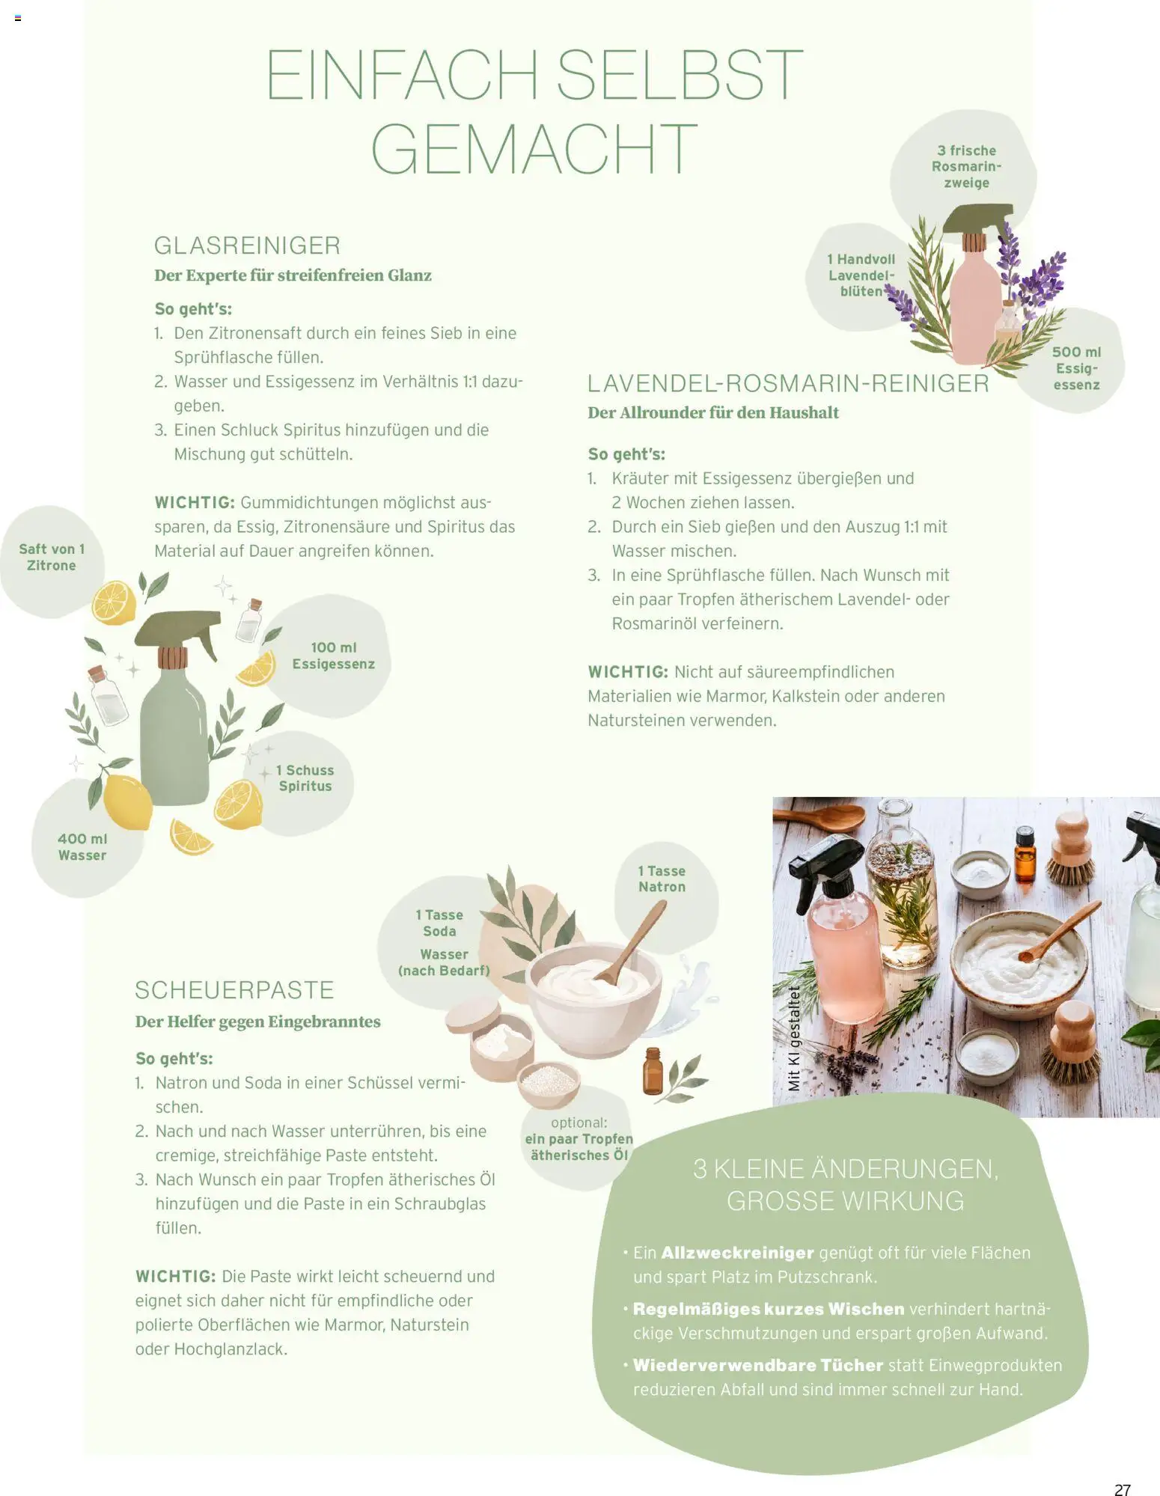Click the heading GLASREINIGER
247,245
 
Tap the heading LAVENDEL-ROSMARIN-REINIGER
788,383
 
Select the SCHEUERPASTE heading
234,990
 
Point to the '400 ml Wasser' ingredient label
82,847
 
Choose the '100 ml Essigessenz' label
334,656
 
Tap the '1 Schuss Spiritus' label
305,778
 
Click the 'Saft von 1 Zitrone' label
52,558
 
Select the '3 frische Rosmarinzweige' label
966,167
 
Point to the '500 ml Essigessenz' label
1076,368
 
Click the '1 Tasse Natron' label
662,879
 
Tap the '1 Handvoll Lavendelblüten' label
861,275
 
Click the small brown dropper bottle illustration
653,1071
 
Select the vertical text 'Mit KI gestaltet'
794,1038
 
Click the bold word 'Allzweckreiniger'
737,1253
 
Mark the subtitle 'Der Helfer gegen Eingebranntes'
257,1022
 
